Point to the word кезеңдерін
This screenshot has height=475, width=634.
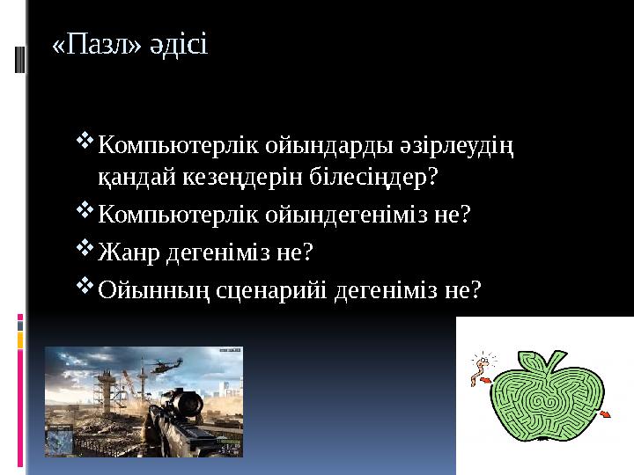(245, 178)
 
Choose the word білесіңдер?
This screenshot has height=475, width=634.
(375, 178)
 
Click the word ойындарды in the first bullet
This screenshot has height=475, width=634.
(327, 142)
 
